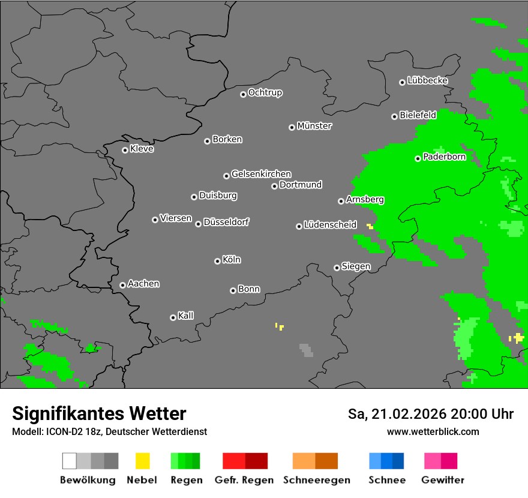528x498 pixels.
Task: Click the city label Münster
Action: (314, 126)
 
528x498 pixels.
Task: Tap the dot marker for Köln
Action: (217, 261)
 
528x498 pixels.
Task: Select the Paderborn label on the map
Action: (444, 157)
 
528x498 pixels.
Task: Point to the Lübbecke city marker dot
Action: (402, 82)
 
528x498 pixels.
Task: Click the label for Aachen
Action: (143, 284)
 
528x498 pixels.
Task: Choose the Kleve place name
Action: (142, 149)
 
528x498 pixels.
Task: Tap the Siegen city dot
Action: (337, 268)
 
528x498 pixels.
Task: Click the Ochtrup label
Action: (265, 93)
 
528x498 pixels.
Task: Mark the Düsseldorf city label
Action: (226, 222)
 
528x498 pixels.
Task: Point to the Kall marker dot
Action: (173, 317)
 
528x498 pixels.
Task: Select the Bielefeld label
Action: (418, 115)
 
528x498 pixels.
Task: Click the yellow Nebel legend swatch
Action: (142, 461)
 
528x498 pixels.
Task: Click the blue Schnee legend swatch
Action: (386, 461)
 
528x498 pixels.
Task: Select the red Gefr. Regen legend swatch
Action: (245, 461)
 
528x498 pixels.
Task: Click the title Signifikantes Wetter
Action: (99, 413)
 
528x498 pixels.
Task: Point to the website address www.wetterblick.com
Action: (433, 431)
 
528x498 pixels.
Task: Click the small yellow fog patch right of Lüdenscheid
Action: (370, 226)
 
